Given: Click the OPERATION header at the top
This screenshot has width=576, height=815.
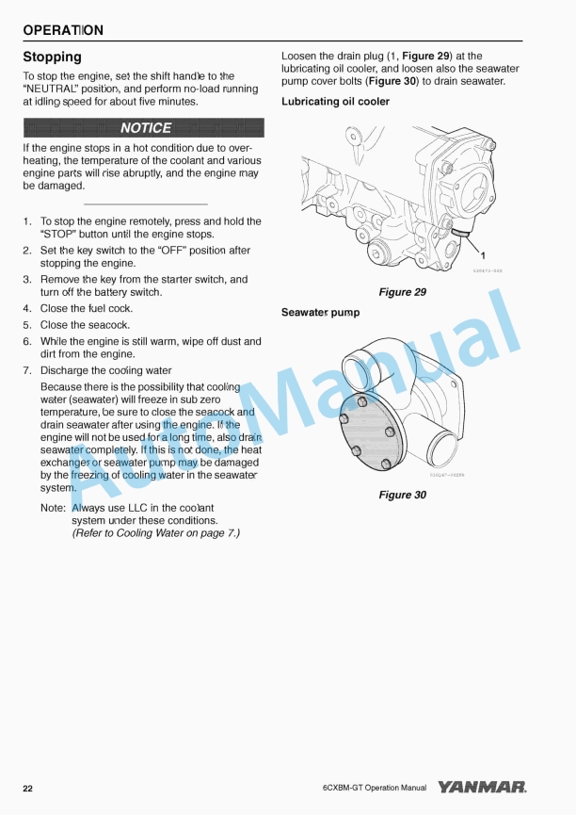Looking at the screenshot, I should point(63,30).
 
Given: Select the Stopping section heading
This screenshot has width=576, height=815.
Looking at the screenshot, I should point(52,57).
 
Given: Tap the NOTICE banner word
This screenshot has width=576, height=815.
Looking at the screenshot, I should point(146,128).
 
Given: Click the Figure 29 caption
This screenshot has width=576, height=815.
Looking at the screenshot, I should point(402,292).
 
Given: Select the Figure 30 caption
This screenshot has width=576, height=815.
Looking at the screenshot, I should point(402,495).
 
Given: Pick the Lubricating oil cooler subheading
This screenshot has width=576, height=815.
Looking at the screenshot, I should point(335,102).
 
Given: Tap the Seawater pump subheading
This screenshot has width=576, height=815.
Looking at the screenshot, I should point(320,312).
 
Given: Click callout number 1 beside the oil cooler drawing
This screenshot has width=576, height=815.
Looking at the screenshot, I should point(483,255).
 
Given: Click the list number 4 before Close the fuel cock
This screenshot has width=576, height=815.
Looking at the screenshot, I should point(27,309).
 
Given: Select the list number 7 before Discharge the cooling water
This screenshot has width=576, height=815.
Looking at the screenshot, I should point(27,371).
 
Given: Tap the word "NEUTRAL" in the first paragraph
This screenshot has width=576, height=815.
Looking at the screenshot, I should point(50,89).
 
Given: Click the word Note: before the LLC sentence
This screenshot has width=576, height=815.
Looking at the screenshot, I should point(53,508).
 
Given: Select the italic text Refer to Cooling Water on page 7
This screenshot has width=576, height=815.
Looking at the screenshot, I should point(155,533).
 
